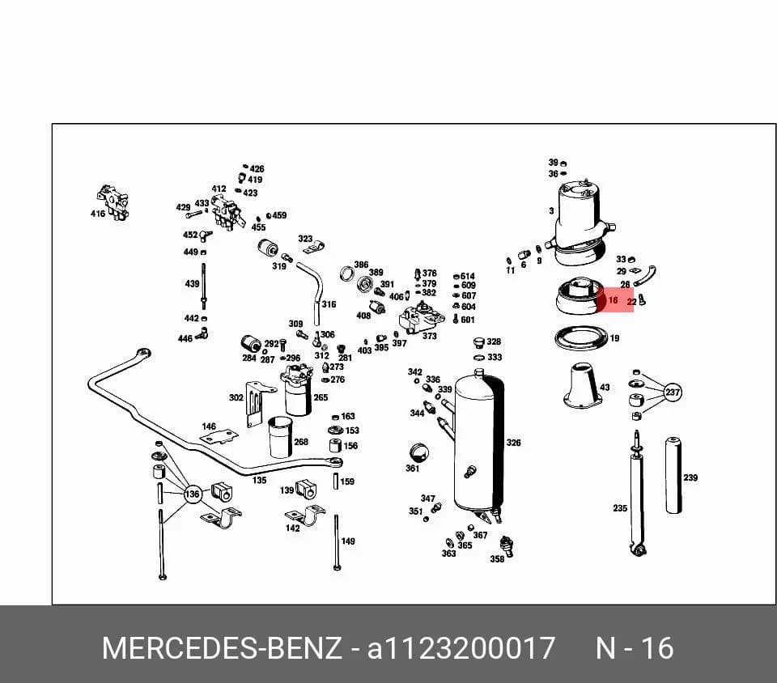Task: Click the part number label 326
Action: pos(513,443)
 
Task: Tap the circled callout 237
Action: pos(673,392)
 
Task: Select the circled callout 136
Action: pos(193,494)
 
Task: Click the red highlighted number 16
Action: pos(613,300)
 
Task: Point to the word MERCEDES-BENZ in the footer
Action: pos(222,648)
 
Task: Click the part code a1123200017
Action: pos(461,648)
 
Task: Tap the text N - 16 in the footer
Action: pos(635,648)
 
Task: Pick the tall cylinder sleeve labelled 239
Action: pos(673,475)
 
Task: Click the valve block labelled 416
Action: pos(114,202)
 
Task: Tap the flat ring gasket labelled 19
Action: pos(581,338)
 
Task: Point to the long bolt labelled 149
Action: pos(337,543)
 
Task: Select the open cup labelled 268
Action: pos(280,437)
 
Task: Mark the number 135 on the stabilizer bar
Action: pos(259,480)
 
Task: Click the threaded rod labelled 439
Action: pos(203,286)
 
